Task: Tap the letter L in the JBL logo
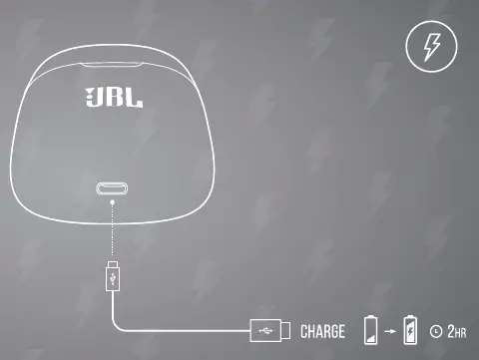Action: click(x=134, y=98)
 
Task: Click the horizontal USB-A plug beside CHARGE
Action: click(x=271, y=329)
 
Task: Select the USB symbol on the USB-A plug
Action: click(x=266, y=329)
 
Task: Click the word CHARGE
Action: click(x=322, y=330)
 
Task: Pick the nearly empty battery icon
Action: click(x=371, y=329)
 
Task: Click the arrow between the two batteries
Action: click(x=390, y=329)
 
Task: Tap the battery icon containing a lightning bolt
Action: click(x=409, y=329)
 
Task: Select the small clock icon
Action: click(x=435, y=330)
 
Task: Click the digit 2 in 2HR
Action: click(x=451, y=330)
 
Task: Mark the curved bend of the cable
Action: click(x=118, y=323)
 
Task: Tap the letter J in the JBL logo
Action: click(x=95, y=98)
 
